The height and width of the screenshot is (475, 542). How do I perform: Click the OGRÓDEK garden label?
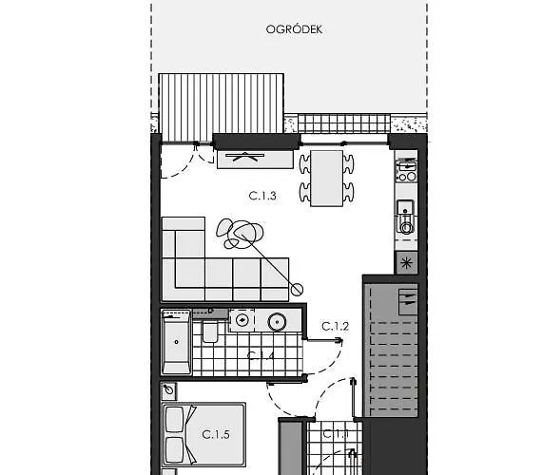tap(294, 29)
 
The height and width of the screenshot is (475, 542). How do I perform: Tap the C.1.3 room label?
tap(262, 196)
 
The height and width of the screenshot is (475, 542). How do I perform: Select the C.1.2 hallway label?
tap(335, 326)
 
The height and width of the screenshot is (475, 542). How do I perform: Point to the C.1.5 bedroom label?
tap(216, 434)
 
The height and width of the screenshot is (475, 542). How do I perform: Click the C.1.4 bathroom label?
tap(261, 356)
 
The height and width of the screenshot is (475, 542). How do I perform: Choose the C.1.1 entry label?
tap(335, 434)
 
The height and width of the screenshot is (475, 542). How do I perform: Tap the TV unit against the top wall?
tap(255, 158)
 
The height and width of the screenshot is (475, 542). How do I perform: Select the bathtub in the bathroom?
tap(177, 343)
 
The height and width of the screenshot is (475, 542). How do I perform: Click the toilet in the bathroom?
tap(210, 332)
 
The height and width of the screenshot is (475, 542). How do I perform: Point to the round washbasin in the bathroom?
tap(278, 320)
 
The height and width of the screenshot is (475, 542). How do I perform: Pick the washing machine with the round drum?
tap(242, 320)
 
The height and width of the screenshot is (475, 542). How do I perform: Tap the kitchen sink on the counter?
tap(406, 218)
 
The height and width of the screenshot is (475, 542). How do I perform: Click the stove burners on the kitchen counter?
tap(406, 170)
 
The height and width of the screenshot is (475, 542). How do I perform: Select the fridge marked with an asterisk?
tap(407, 263)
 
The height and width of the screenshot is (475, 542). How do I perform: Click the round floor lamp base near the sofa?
tap(297, 289)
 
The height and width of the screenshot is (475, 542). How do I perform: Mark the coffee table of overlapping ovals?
tap(242, 233)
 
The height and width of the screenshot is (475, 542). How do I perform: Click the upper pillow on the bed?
tap(175, 420)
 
